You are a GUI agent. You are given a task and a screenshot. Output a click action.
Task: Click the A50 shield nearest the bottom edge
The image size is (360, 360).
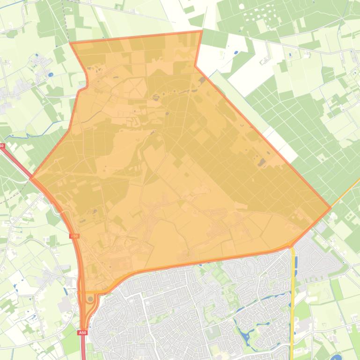(82, 332)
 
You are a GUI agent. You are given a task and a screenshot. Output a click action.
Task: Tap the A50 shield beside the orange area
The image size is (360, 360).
(74, 237)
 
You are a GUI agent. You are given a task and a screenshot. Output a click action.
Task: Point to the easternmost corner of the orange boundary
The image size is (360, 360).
(331, 208)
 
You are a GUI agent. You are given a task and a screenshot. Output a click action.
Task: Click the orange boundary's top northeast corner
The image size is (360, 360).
(201, 31)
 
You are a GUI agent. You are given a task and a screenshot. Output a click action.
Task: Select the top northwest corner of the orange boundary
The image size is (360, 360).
(70, 43)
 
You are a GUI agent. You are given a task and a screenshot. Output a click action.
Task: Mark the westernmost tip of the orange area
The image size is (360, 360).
(31, 178)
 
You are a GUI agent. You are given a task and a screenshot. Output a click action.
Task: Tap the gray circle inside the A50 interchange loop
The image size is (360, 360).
(90, 298)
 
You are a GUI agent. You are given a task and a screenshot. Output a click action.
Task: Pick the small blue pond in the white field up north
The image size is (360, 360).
(235, 52)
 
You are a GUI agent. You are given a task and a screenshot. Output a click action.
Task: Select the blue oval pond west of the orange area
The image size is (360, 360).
(50, 74)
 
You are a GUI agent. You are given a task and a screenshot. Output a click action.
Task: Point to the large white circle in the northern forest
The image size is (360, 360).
(242, 7)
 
